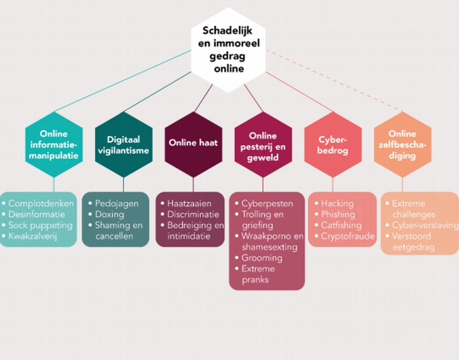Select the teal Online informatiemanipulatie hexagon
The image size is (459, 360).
pyautogui.click(x=54, y=145)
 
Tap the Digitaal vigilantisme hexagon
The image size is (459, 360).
pyautogui.click(x=123, y=145)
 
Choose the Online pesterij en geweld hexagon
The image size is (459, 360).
pyautogui.click(x=263, y=146)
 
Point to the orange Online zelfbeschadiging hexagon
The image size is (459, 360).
pyautogui.click(x=401, y=145)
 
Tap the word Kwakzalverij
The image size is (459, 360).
pyautogui.click(x=37, y=236)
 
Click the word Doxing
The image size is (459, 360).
pyautogui.click(x=110, y=215)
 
